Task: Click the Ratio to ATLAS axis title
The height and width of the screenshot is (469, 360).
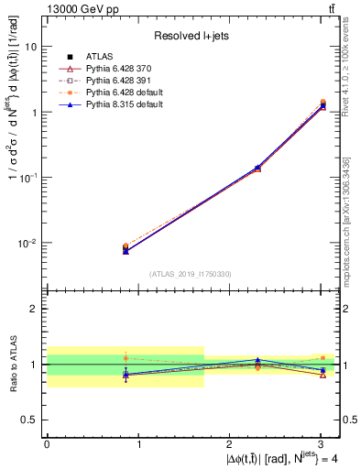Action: click(13, 363)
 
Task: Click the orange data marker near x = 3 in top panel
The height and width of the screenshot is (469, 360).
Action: click(322, 103)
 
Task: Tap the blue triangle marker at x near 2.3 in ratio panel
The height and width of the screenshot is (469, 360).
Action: click(258, 360)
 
